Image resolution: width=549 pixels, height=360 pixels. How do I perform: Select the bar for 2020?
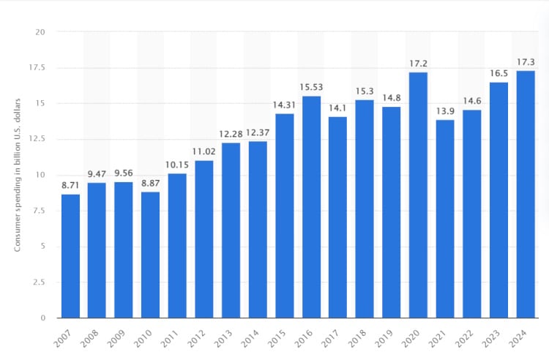point(418,195)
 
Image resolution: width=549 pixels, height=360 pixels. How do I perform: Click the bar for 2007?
point(70,255)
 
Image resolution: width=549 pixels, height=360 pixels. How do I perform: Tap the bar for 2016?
point(311,206)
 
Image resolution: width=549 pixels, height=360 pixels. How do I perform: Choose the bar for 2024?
point(525,194)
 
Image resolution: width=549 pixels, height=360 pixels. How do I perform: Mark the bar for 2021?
point(445,218)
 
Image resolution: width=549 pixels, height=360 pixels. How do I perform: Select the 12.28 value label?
point(231,135)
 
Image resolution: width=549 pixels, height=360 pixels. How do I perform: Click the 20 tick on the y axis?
point(40,32)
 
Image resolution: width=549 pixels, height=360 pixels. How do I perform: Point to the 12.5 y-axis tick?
point(37,139)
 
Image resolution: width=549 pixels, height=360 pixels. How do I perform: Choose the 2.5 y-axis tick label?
point(39,282)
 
